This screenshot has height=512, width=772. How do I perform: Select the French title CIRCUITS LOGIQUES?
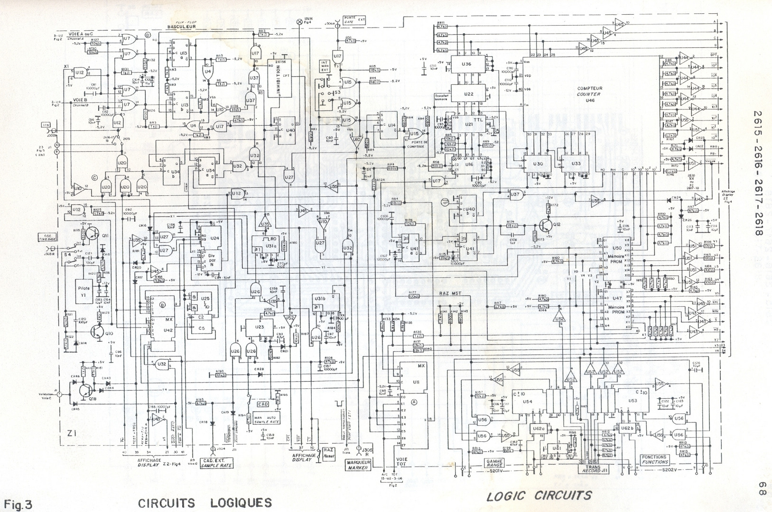click(x=205, y=503)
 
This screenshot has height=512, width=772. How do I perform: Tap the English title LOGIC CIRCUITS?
click(x=539, y=496)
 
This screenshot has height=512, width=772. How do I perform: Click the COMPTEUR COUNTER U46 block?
click(x=589, y=94)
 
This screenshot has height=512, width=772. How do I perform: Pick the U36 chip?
click(x=467, y=64)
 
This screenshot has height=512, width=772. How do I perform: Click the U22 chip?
click(x=468, y=94)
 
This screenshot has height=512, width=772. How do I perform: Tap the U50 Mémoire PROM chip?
click(x=617, y=256)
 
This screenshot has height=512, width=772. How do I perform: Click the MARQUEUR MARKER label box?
click(x=358, y=465)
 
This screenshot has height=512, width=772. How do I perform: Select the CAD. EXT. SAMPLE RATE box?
click(x=216, y=463)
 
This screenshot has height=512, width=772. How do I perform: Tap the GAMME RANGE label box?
click(x=494, y=462)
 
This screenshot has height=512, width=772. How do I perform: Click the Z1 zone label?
click(x=72, y=432)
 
